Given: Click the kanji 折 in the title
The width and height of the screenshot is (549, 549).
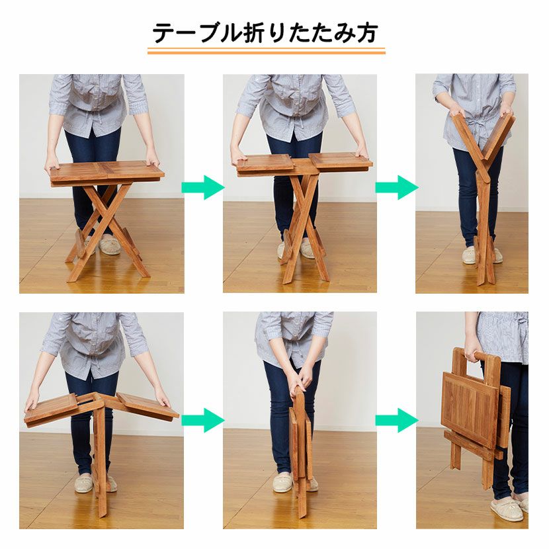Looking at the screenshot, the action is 254,33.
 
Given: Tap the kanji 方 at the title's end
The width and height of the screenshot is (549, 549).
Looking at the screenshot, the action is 366,33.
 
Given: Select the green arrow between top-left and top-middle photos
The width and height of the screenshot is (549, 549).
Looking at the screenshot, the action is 202,188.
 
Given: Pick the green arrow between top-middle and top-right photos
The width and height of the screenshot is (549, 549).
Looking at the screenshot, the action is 397,188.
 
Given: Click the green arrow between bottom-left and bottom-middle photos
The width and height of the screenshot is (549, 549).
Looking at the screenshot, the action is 202,420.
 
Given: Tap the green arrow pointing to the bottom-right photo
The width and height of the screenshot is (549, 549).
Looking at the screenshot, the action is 397,420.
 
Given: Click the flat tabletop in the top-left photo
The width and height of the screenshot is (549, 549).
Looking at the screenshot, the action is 106,171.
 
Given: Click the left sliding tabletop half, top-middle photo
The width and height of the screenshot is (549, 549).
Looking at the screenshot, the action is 265,164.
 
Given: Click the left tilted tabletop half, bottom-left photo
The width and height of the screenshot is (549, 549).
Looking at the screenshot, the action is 51,409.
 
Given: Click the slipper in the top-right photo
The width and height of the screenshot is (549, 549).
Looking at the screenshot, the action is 469,255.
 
